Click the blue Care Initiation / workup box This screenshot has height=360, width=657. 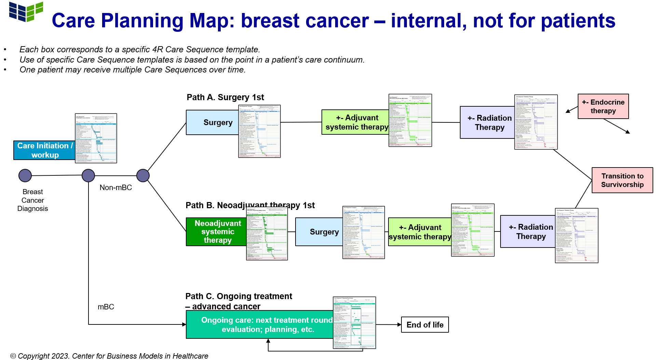[x=44, y=150]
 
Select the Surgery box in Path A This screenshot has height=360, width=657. [x=212, y=122]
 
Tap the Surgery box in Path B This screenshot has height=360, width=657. [x=319, y=232]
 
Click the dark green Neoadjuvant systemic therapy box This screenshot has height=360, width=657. [x=216, y=232]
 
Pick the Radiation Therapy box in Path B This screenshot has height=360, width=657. [x=528, y=231]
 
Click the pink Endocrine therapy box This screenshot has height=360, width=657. [x=603, y=106]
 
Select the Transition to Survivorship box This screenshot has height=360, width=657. [x=622, y=180]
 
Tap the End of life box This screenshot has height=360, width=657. [x=425, y=325]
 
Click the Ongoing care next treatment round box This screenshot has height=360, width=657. [x=260, y=324]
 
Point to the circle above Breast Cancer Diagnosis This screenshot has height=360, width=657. [x=25, y=175]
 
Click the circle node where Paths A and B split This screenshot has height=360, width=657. [x=143, y=175]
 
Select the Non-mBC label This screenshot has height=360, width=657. [x=115, y=187]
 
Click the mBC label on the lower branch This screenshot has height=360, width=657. [x=106, y=307]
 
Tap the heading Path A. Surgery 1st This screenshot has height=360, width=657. [x=225, y=97]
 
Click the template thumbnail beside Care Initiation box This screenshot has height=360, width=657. [x=96, y=138]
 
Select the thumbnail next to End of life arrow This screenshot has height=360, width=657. [x=354, y=323]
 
